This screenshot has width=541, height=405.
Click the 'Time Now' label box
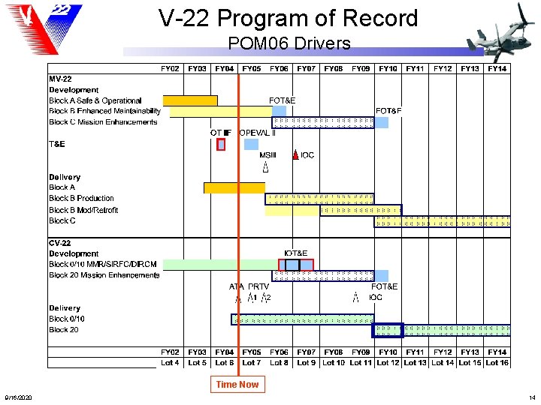(x=237, y=385)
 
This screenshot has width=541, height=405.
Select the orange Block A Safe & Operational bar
(x=190, y=100)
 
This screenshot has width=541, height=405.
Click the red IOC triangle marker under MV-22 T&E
(x=296, y=155)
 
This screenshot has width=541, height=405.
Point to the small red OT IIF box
(x=221, y=145)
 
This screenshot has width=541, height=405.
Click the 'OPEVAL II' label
(x=257, y=133)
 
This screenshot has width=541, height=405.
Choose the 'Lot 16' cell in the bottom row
(x=497, y=363)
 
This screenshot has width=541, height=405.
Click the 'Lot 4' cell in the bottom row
(x=170, y=363)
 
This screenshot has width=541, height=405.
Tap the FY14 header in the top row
(x=497, y=69)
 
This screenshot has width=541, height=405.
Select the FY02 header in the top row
(x=170, y=69)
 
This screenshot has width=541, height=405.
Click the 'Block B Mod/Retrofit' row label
(x=83, y=210)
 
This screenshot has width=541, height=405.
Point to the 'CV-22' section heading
(x=60, y=243)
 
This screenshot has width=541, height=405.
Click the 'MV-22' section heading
(x=61, y=79)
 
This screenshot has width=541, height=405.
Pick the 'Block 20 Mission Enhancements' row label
(x=104, y=275)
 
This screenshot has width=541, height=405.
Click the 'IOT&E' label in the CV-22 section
(x=295, y=253)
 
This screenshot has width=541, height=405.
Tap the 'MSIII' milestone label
(x=267, y=155)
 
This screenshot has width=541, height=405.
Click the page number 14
(x=532, y=397)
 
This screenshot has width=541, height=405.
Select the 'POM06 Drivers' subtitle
(x=289, y=43)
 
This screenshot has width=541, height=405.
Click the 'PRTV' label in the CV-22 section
(x=258, y=286)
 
